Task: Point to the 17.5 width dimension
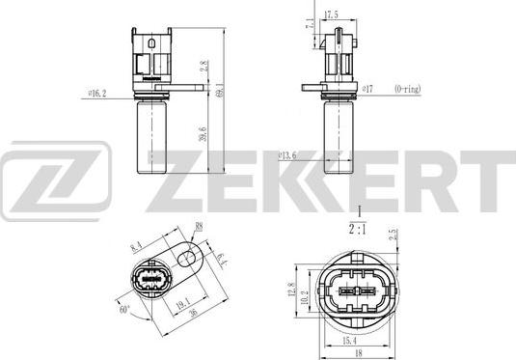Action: (x=333, y=14)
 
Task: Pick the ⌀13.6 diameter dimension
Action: (x=285, y=152)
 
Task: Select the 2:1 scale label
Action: (x=358, y=230)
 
